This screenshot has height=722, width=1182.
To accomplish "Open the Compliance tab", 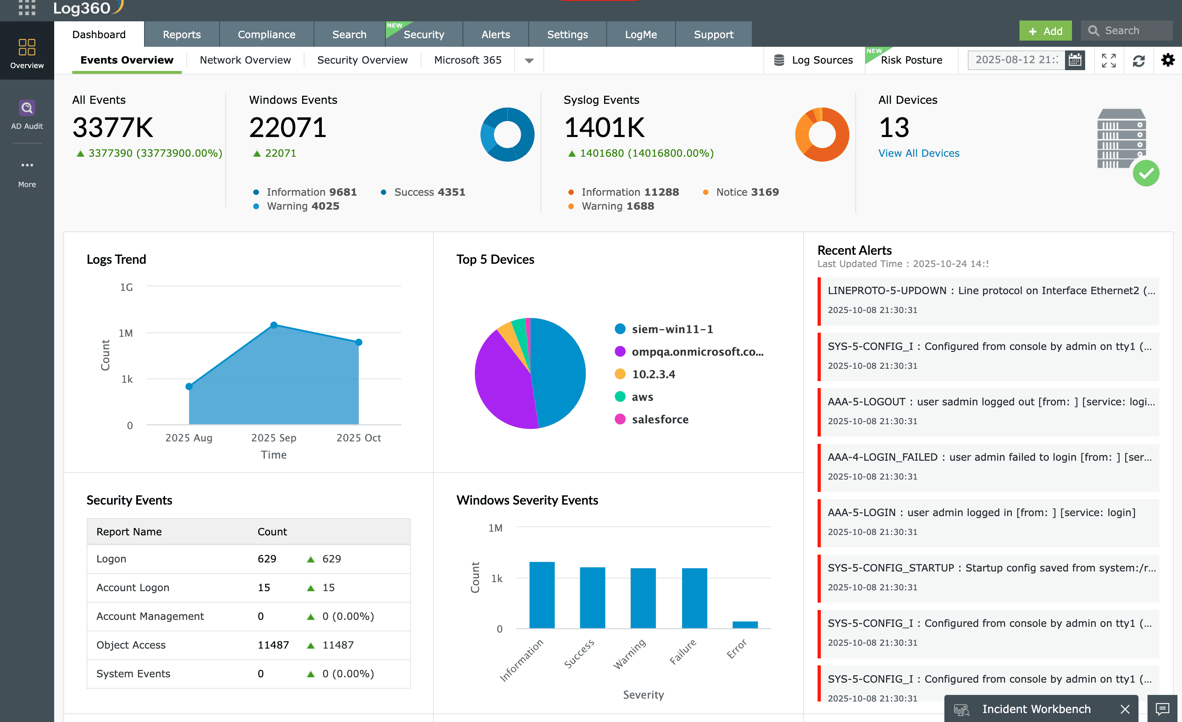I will tap(266, 34).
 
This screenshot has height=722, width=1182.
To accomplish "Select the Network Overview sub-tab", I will tap(245, 60).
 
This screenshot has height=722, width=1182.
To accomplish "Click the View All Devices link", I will tap(918, 153).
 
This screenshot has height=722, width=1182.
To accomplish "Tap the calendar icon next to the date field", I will tap(1074, 60).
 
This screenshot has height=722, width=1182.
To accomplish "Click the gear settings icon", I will tap(1168, 60).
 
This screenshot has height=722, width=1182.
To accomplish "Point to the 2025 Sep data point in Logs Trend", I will tap(274, 325).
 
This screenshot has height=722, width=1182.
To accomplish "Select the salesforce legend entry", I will tap(660, 420).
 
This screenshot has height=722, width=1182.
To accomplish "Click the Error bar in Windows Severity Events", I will tap(744, 624).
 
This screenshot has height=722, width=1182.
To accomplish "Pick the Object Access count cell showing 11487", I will tap(273, 645).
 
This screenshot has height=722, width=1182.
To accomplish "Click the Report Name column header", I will tap(129, 532).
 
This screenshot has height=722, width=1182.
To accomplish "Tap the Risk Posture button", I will tap(911, 60).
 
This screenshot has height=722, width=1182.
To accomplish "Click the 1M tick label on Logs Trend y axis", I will tap(126, 333).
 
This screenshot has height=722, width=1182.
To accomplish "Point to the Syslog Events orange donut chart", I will tap(822, 134).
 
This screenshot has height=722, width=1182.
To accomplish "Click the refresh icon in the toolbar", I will tap(1138, 61).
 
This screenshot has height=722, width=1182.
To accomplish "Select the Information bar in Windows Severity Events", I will tap(542, 594).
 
